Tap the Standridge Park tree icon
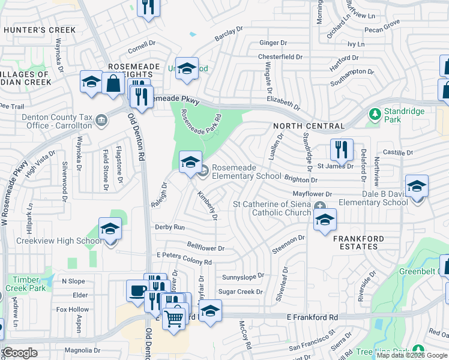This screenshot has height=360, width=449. (x=375, y=113)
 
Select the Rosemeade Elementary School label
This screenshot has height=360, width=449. (x=246, y=172)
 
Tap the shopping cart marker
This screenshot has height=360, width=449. (x=173, y=316)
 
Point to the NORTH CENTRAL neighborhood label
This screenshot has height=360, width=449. (x=309, y=127)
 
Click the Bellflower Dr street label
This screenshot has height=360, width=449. (x=205, y=248)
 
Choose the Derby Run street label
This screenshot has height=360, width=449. (x=170, y=227)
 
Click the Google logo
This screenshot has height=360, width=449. (x=20, y=353)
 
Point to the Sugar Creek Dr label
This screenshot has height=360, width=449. (x=240, y=292)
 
